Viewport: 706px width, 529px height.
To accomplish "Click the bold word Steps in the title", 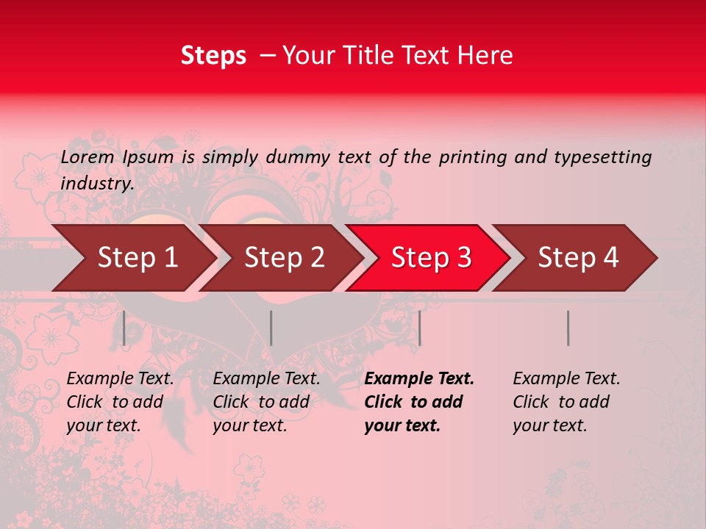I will (x=213, y=56).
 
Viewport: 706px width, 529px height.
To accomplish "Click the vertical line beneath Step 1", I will (x=124, y=328).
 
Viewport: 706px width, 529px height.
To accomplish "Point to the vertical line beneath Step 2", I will (x=271, y=328).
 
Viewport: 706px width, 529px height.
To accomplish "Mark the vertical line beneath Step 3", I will (x=419, y=328).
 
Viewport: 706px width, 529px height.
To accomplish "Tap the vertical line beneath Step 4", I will (x=568, y=328).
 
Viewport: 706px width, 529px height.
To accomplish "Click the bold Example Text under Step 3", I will (x=419, y=379).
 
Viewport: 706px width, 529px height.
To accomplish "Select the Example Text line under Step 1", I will (x=120, y=379).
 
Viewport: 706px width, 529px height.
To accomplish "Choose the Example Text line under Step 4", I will (x=566, y=379).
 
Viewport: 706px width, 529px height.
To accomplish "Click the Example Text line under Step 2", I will (x=266, y=379).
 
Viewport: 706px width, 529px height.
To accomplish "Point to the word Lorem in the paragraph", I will (x=88, y=157).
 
